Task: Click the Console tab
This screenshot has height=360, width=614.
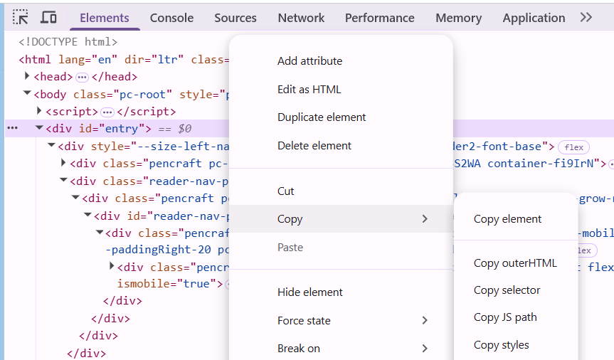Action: [171, 18]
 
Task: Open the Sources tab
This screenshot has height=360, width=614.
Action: [235, 18]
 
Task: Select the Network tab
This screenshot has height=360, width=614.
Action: [301, 18]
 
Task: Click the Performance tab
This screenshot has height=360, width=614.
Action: [379, 18]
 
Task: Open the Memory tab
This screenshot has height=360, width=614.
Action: [458, 18]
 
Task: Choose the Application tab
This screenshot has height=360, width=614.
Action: [534, 18]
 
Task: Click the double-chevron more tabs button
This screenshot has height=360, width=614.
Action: [586, 17]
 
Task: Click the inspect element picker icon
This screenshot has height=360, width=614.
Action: [21, 17]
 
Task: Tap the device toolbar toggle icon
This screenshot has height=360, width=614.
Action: [48, 17]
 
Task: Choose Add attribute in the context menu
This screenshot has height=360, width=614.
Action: [309, 61]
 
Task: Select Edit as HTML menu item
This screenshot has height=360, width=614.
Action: [309, 90]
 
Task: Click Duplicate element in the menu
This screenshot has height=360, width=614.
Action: [322, 117]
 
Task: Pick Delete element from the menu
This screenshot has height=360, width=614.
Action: [314, 146]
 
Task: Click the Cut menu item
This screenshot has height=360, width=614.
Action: [285, 191]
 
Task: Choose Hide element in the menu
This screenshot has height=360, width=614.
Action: [310, 292]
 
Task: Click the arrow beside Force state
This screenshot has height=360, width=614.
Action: [425, 320]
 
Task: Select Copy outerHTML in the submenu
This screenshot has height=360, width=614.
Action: [515, 263]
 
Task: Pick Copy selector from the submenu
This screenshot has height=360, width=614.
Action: [507, 290]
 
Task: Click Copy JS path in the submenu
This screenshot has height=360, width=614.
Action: [505, 317]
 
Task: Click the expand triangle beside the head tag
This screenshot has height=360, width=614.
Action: [27, 76]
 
